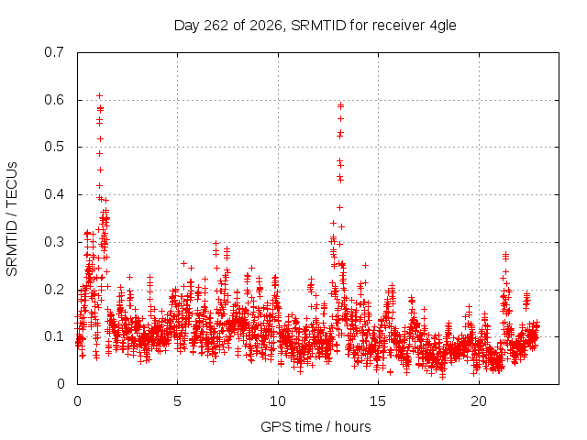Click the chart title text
point(316,26)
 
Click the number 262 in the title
point(216,26)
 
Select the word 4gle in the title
point(443,27)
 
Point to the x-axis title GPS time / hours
point(316,426)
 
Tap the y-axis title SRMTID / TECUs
point(12,219)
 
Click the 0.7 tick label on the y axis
point(54,52)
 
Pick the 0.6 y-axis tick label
point(54,100)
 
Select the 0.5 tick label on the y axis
point(54,147)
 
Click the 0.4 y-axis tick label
point(54,194)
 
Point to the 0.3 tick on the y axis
point(54,242)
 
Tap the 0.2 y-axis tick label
point(54,290)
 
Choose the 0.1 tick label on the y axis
point(54,336)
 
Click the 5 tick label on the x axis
point(177,401)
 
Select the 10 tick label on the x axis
point(278,401)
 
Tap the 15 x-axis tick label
point(378,401)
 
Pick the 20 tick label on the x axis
point(479,401)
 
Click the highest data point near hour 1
point(99,95)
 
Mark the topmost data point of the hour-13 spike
point(340,105)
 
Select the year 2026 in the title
point(265,26)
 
